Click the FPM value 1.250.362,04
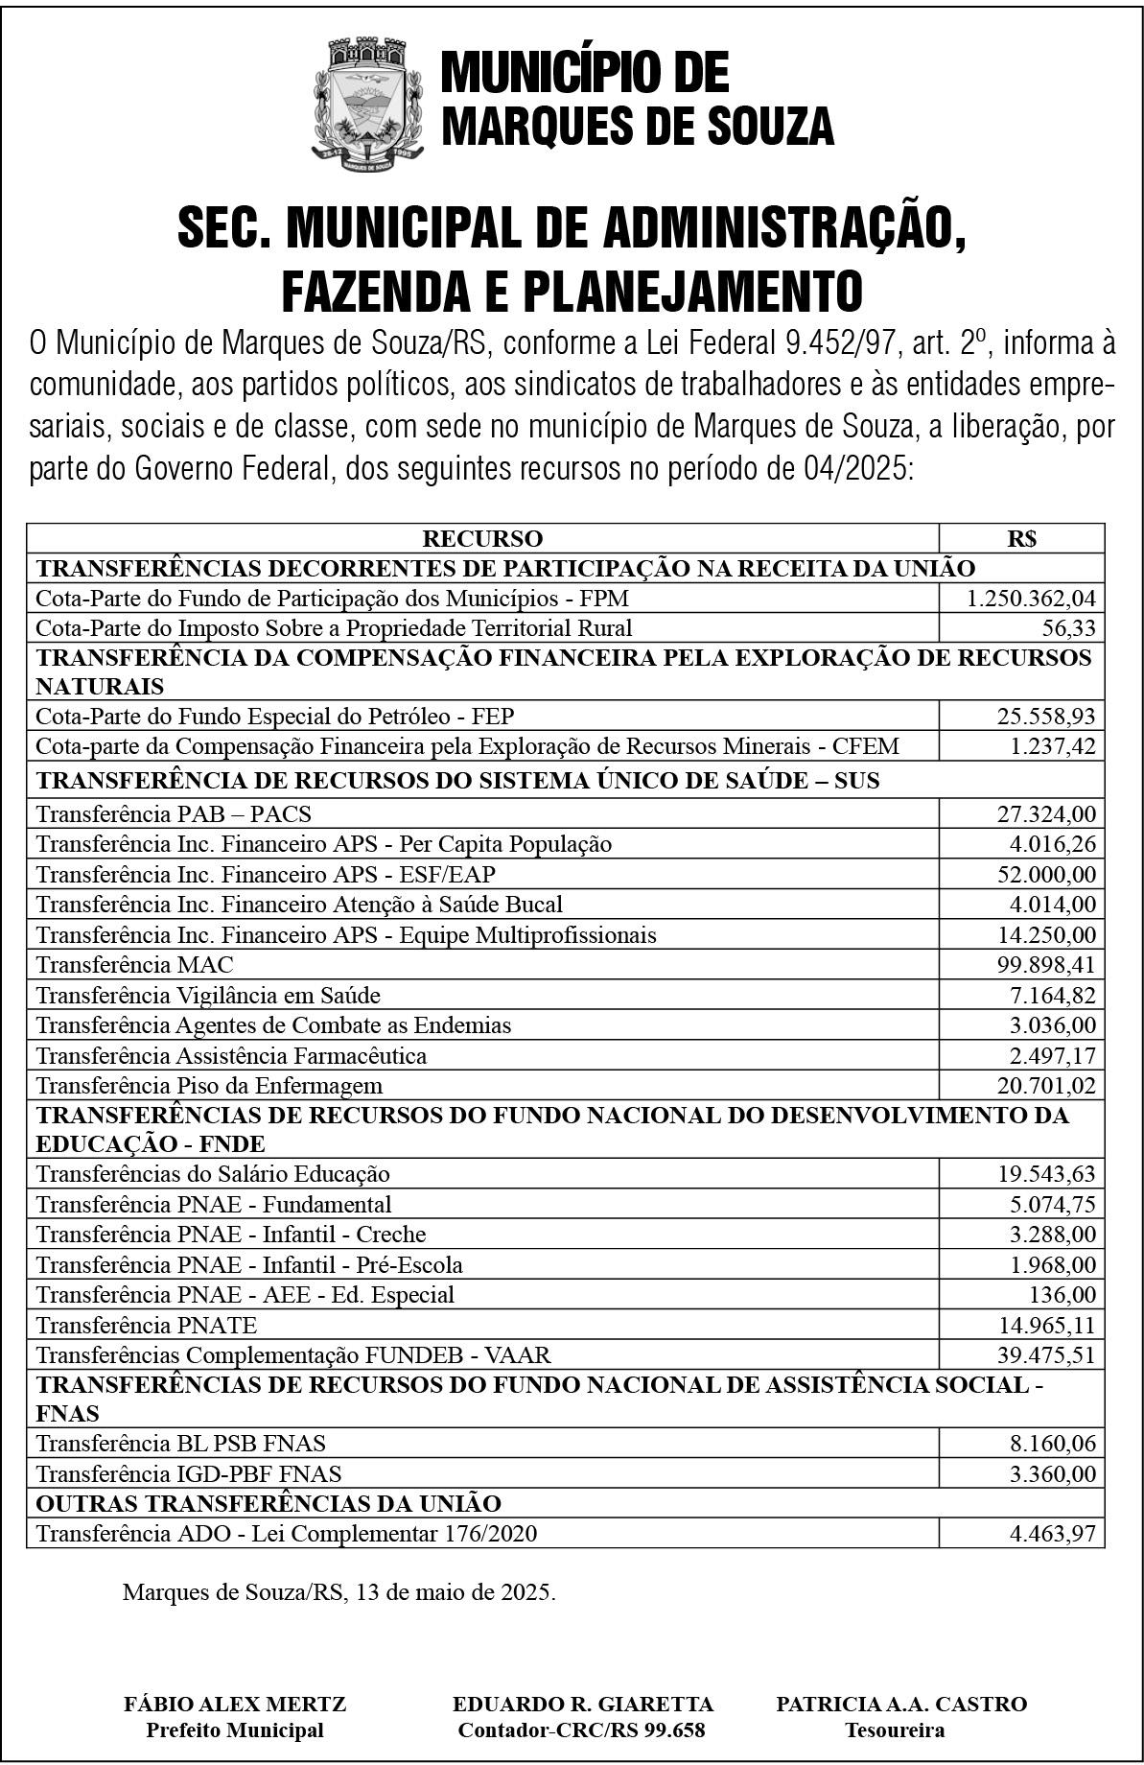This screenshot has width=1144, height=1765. click(1030, 599)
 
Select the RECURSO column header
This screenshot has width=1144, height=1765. click(482, 538)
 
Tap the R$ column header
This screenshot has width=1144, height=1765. click(1021, 538)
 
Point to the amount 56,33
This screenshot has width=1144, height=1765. click(1068, 628)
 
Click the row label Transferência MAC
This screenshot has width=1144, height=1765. click(134, 964)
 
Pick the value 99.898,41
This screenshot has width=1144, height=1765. click(1045, 964)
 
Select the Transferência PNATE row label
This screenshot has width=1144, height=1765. click(147, 1325)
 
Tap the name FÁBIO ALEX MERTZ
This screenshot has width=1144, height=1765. click(235, 1704)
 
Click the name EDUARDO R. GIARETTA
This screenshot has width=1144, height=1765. click(582, 1704)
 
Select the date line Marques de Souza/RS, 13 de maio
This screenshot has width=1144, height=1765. click(339, 1592)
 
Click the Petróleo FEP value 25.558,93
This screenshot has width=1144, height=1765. click(1045, 717)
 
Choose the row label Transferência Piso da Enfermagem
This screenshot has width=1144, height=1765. click(209, 1085)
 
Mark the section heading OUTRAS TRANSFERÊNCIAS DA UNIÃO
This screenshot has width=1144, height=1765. click(268, 1502)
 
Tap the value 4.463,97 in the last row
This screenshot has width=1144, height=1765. click(1052, 1533)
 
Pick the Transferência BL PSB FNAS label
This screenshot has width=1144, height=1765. click(180, 1443)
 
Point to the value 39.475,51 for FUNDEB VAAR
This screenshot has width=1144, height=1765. click(1045, 1355)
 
